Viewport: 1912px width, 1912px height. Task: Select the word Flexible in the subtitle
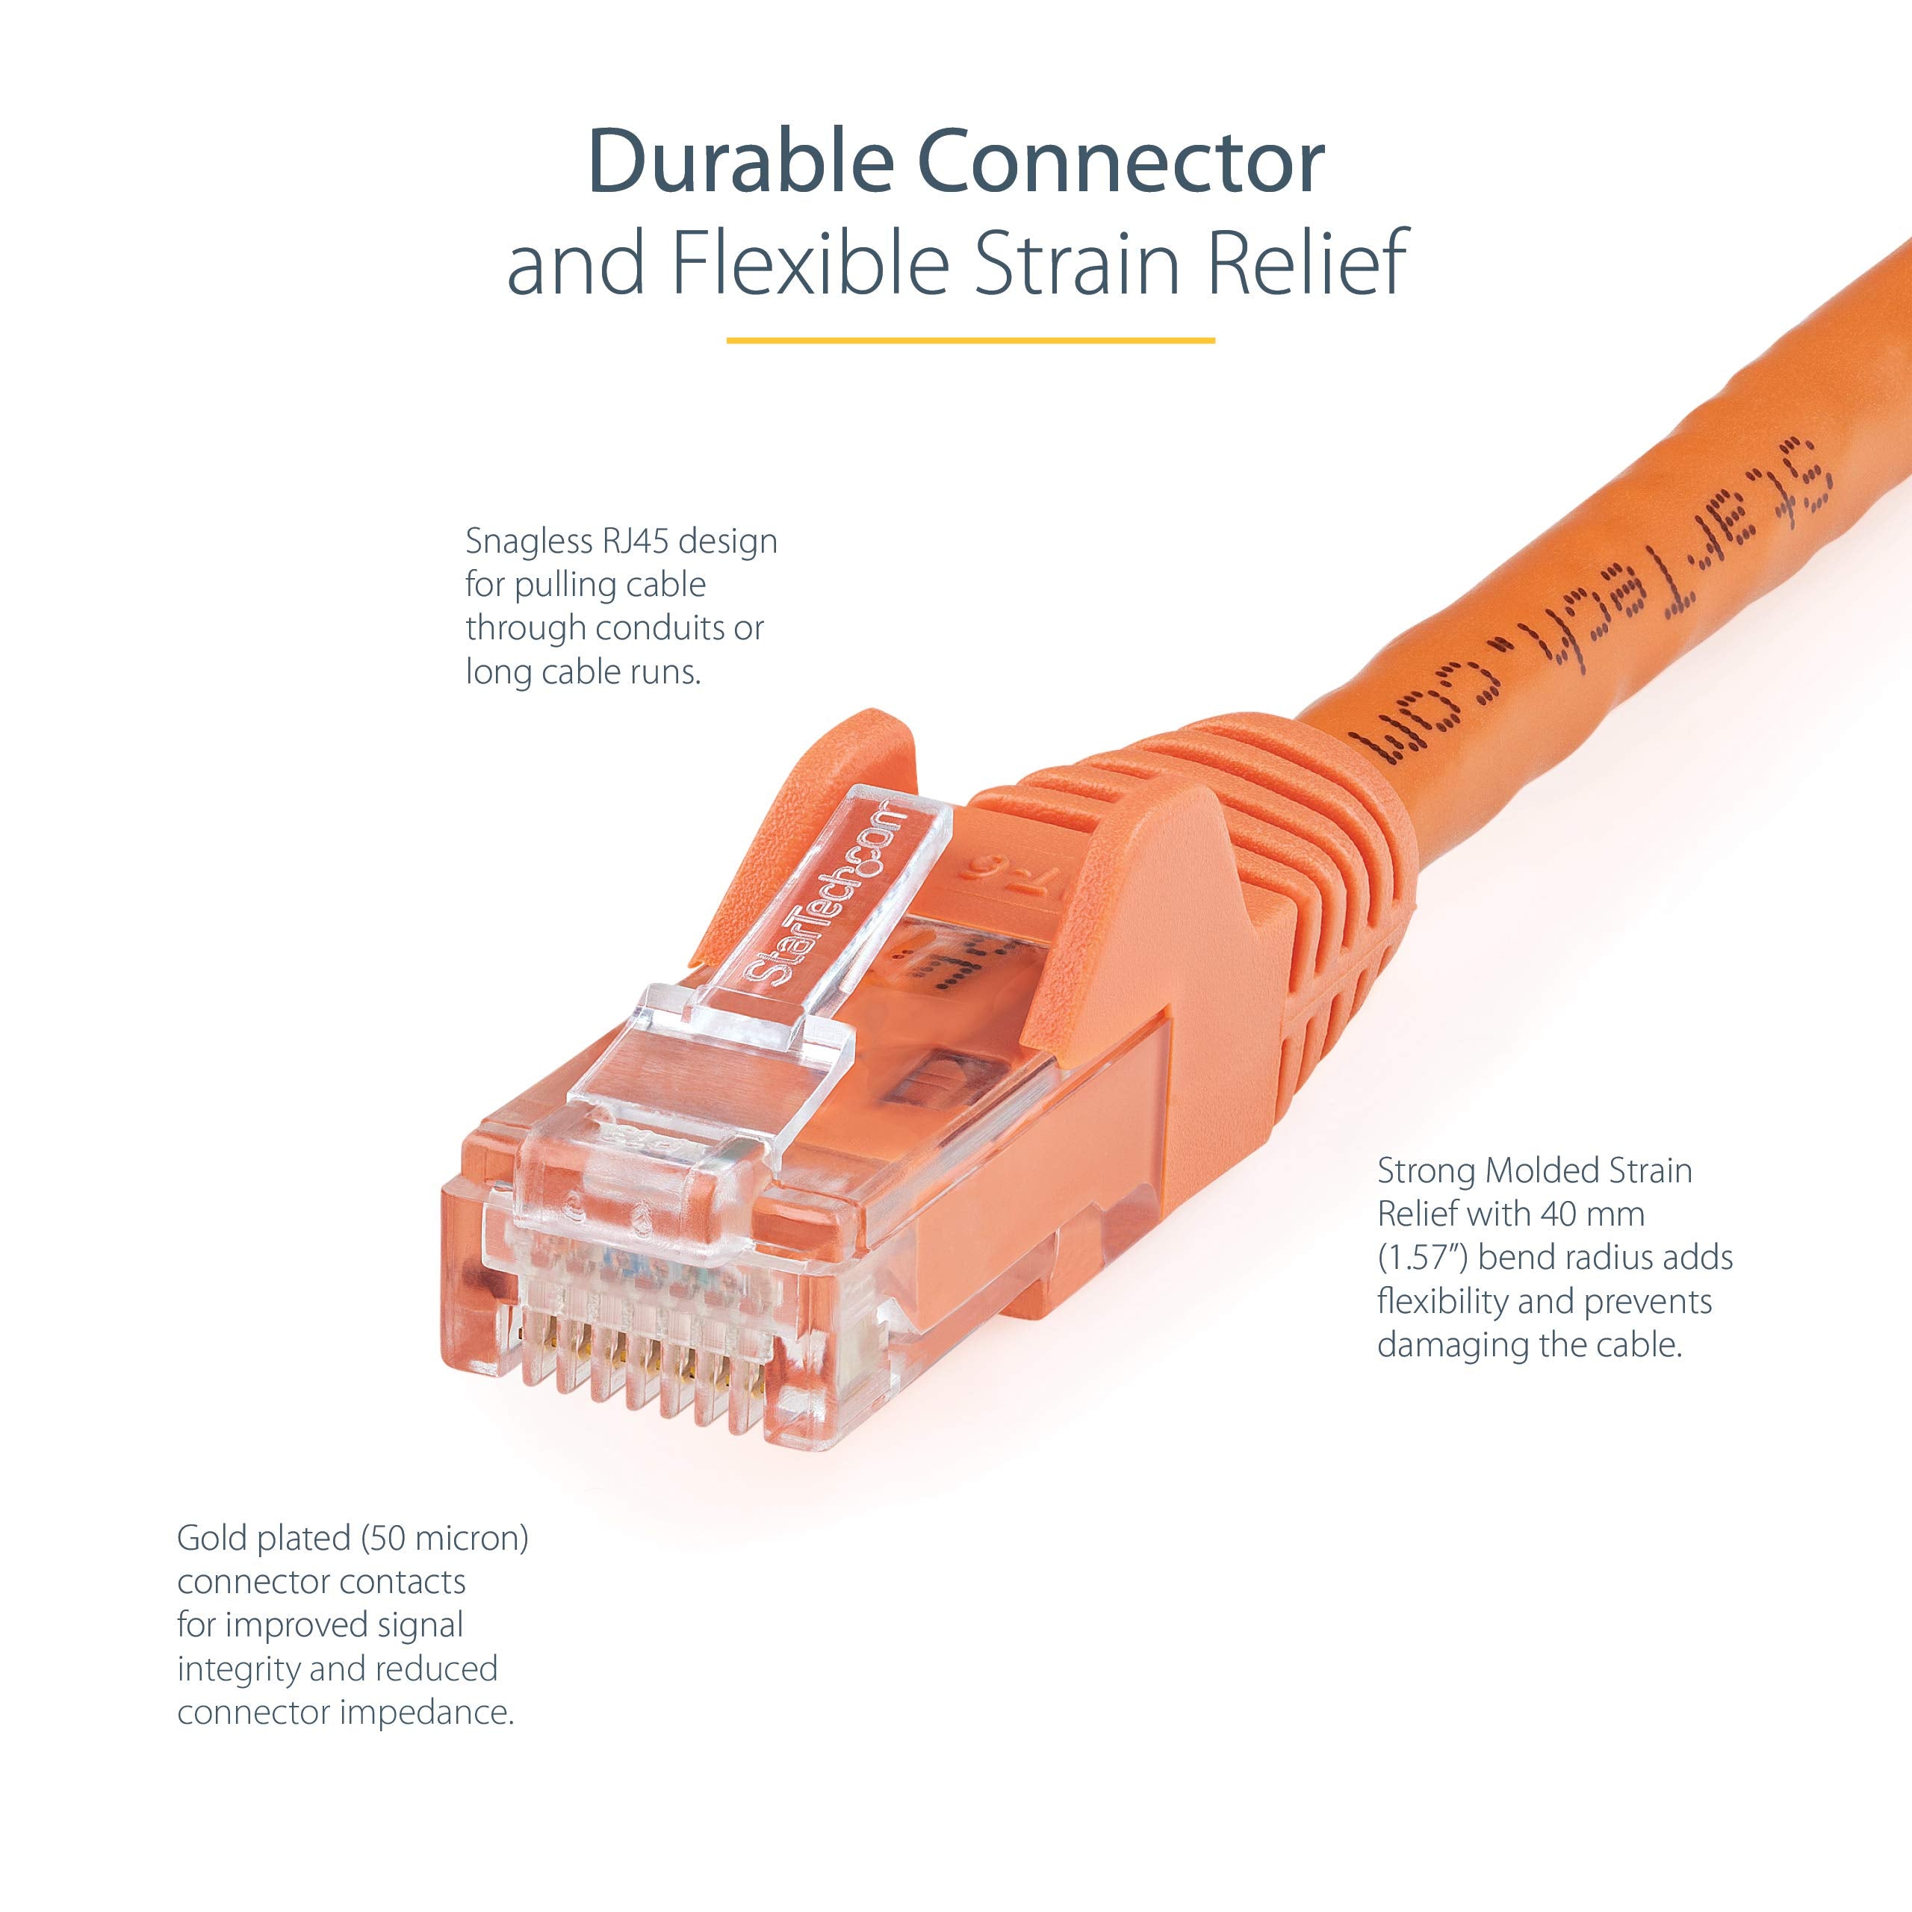click(810, 263)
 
